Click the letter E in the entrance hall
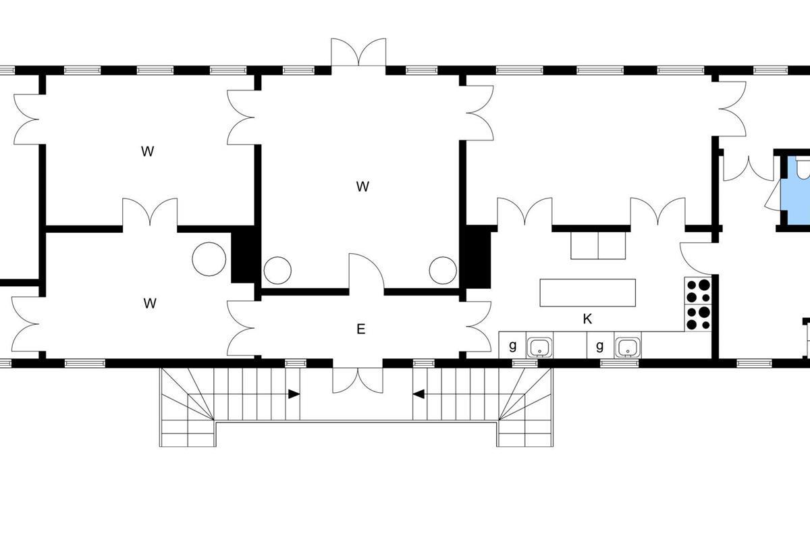pyautogui.click(x=360, y=329)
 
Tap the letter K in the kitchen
pyautogui.click(x=587, y=319)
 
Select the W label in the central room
pyautogui.click(x=362, y=186)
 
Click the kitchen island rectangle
pyautogui.click(x=588, y=292)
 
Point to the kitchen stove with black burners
pyautogui.click(x=698, y=304)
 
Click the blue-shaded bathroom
pyautogui.click(x=795, y=190)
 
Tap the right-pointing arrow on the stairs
pyautogui.click(x=294, y=394)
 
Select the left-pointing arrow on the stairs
pyautogui.click(x=418, y=394)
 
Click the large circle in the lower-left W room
pyautogui.click(x=209, y=259)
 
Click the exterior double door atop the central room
pyautogui.click(x=358, y=52)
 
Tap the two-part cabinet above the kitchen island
pyautogui.click(x=598, y=246)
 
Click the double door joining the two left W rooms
pyautogui.click(x=150, y=213)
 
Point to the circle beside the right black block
pyautogui.click(x=443, y=271)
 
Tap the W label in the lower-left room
pyautogui.click(x=150, y=303)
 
